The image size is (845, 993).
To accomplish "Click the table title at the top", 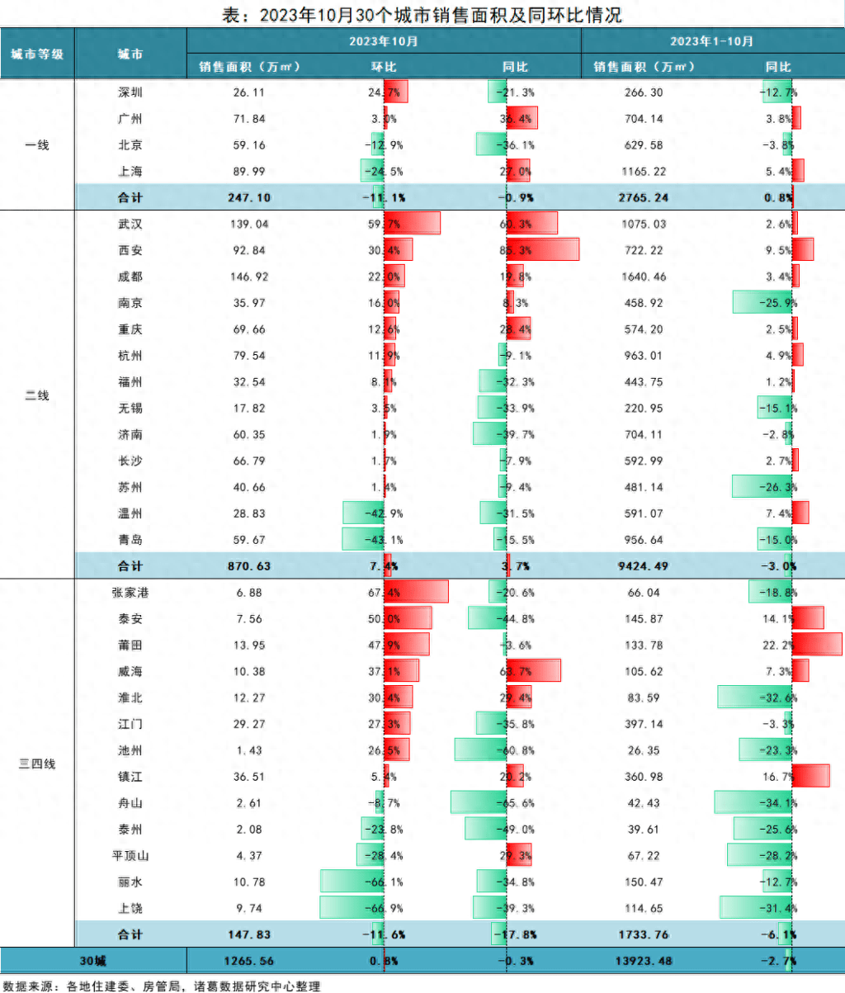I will pos(422,14).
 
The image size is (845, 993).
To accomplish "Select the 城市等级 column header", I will pos(37,54).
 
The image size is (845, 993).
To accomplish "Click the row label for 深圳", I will pos(130,92).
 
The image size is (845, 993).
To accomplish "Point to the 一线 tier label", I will pos(37,145).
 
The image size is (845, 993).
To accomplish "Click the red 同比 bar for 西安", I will pos(543,250).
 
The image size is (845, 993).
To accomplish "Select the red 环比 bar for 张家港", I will pos(416,592).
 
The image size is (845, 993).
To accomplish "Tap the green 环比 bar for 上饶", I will pos(352,908).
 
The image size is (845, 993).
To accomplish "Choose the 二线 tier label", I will pos(37,395).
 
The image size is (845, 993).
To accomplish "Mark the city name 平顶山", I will pos(129,856).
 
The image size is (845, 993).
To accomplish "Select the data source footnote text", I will pos(162,986).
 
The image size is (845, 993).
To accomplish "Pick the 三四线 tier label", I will pos(37,764).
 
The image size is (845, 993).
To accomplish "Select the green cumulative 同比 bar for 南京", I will pos(762,303).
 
